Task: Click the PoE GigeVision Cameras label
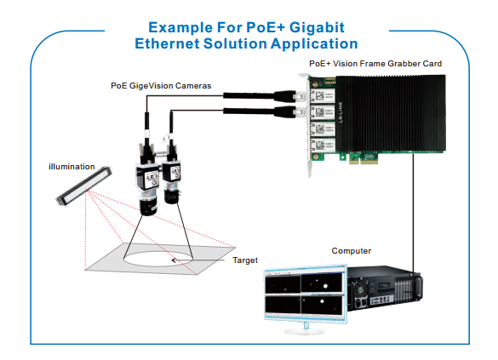click(161, 86)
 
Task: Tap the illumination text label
click(71, 165)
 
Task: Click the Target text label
click(245, 260)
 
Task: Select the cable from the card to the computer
click(416, 213)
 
